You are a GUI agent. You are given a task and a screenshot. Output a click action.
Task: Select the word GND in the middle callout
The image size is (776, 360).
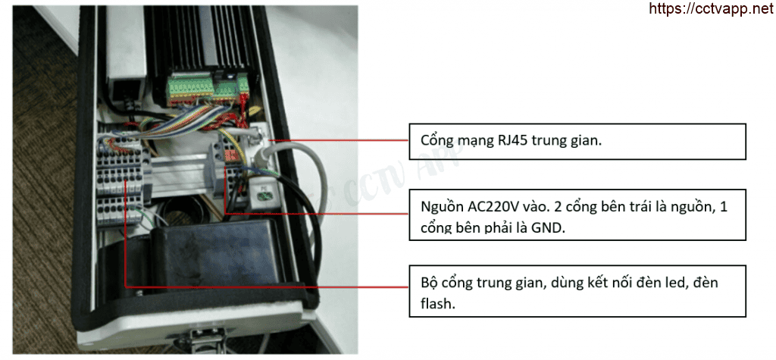547,228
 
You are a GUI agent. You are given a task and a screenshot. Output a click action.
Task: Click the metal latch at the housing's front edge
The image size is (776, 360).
202,344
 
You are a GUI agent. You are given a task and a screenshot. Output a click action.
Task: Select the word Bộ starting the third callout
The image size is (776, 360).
429,283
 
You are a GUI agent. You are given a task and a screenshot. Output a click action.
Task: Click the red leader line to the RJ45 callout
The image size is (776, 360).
341,139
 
